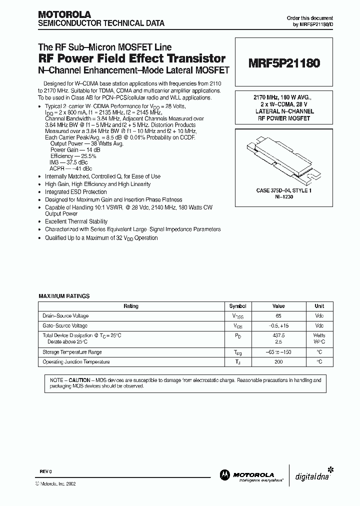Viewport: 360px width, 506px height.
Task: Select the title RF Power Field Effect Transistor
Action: point(132,59)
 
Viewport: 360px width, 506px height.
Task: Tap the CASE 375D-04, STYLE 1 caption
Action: point(280,191)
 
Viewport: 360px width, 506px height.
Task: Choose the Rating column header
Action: point(130,306)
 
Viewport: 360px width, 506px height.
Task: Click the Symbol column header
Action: point(237,306)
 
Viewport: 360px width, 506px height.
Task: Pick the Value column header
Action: point(278,306)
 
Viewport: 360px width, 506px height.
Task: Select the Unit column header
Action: point(319,306)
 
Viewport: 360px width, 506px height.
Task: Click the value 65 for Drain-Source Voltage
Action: point(278,316)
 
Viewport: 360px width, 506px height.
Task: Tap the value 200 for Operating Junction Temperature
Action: point(278,361)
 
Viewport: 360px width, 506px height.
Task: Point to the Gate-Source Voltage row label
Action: point(65,325)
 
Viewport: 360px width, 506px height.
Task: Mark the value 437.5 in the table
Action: point(278,335)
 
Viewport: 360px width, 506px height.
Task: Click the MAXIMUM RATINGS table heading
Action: point(64,296)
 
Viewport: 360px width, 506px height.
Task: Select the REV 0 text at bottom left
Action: point(45,471)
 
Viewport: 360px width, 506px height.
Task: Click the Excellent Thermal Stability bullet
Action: point(76,221)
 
